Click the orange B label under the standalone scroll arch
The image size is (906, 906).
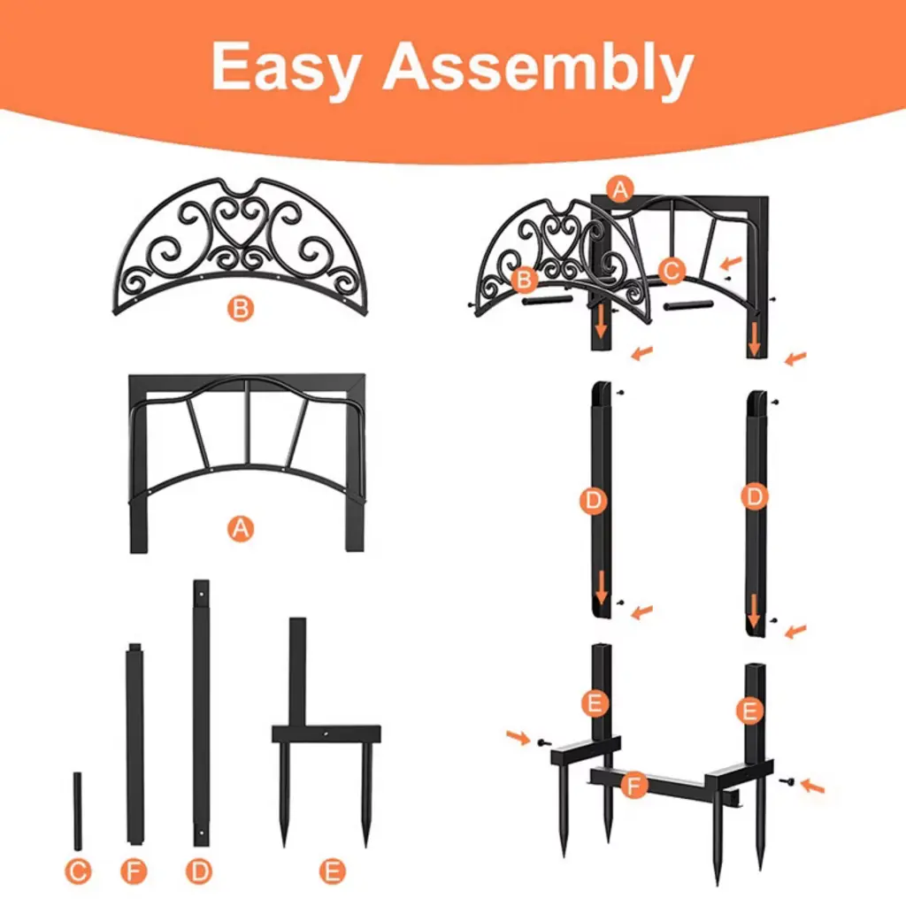241,309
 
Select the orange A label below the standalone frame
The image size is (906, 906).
241,528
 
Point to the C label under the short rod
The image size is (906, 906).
78,871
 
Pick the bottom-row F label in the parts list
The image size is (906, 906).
134,871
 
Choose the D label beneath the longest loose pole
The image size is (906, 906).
199,871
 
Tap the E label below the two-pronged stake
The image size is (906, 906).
333,871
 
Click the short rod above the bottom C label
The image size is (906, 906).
78,810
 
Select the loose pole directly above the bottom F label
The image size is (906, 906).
134,743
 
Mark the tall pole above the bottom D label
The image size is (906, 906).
201,713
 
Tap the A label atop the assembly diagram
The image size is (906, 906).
620,189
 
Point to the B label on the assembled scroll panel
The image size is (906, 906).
525,280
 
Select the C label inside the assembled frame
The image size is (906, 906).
672,271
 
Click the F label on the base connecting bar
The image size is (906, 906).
633,786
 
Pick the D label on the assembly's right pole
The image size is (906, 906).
754,496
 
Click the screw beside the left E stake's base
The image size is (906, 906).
543,742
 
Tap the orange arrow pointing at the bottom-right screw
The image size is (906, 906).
812,786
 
